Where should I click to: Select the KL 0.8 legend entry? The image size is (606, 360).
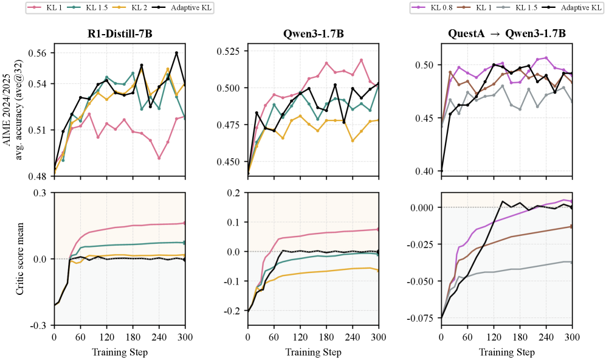point(432,7)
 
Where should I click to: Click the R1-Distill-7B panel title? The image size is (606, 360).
point(120,33)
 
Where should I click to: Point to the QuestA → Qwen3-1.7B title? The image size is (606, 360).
point(507,33)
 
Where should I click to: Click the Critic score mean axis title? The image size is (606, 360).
point(20,258)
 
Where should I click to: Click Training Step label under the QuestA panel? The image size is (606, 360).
point(507,352)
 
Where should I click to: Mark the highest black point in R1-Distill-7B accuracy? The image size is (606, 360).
point(177,52)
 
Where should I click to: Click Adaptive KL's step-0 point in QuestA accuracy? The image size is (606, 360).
point(441,170)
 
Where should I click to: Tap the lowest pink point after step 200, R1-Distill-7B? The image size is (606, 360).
point(159,158)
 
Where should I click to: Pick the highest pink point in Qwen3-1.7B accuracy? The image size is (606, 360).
point(362,60)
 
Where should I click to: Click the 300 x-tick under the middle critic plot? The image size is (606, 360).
point(378,337)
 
